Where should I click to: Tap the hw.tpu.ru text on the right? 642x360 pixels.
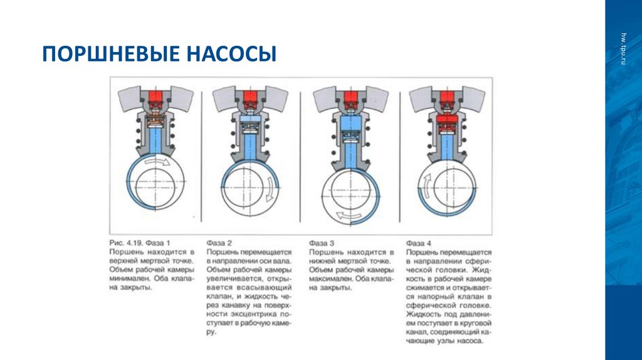pos(623,48)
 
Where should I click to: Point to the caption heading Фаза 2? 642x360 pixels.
pos(219,242)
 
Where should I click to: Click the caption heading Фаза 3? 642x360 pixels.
pos(322,242)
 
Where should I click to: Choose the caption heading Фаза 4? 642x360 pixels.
pos(419,242)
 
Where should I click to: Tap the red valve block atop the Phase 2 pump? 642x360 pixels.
pos(250,97)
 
